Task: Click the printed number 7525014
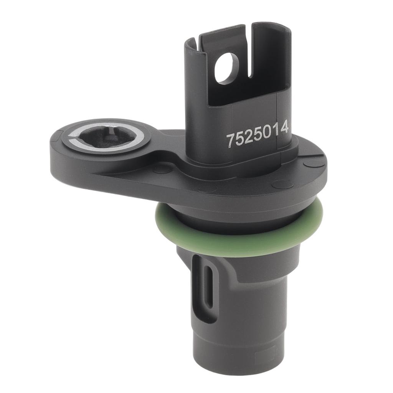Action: pos(257,134)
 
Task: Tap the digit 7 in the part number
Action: pos(231,140)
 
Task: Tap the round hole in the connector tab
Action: pos(226,68)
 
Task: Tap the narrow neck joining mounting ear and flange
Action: pos(161,154)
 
